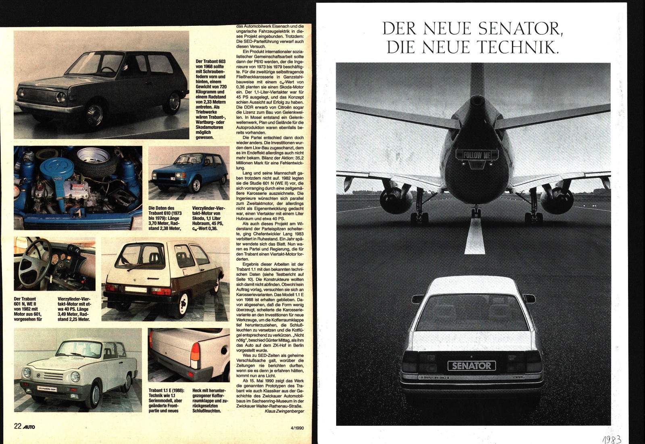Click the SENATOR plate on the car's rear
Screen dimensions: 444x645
click(x=472, y=366)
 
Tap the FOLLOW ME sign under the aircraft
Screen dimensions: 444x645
click(x=476, y=154)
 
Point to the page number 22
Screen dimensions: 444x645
click(x=17, y=426)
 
